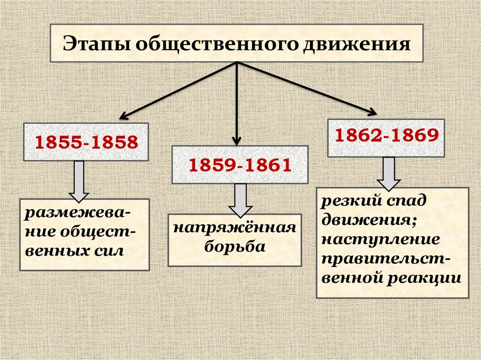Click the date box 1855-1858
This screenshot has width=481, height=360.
86,142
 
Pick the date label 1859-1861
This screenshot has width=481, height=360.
240,165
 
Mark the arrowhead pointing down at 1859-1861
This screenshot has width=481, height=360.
237,139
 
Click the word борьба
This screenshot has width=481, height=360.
235,247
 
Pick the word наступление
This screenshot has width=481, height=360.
381,240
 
